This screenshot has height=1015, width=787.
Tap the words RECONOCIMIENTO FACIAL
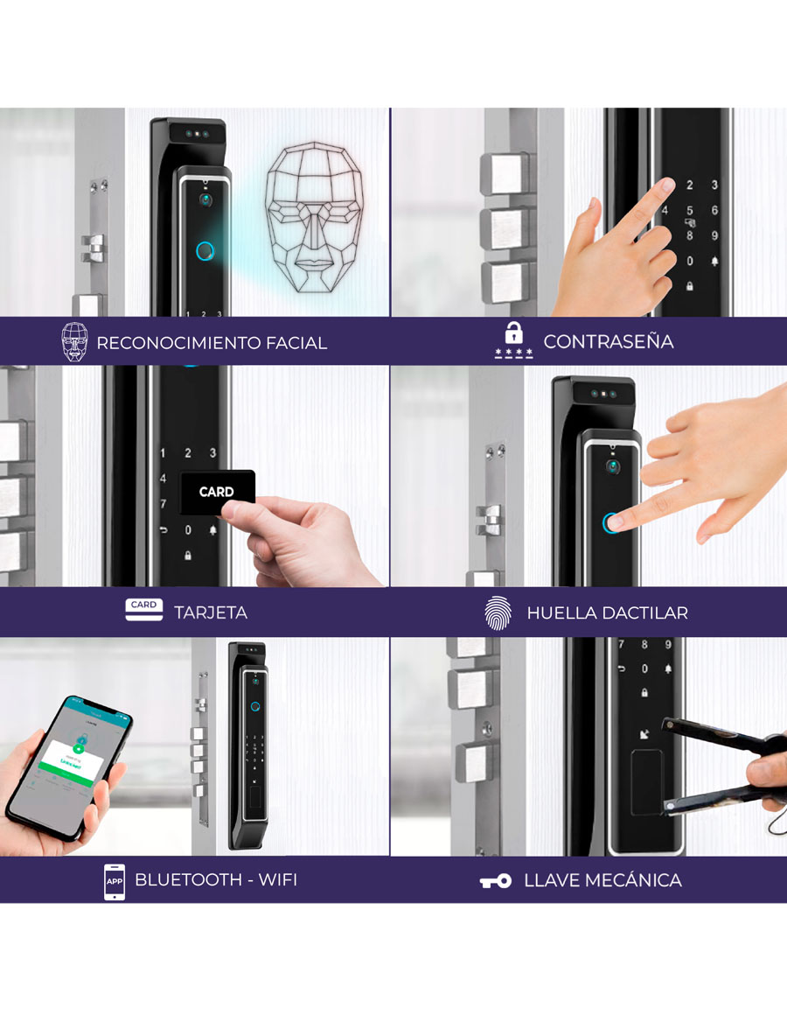[212, 343]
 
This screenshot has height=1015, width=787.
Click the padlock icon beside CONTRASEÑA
[513, 333]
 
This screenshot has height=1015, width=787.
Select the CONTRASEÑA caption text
[609, 341]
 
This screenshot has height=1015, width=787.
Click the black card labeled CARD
[217, 491]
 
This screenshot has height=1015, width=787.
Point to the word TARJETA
[211, 612]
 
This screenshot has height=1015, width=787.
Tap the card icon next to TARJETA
[144, 610]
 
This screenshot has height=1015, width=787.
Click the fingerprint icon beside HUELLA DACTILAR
[497, 612]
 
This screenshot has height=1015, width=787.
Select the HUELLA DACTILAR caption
[607, 612]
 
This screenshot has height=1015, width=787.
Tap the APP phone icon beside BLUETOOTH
[115, 880]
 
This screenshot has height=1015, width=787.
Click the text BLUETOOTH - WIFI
[216, 879]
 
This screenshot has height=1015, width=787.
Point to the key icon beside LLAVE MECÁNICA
[496, 881]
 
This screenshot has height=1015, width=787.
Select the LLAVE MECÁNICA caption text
[602, 880]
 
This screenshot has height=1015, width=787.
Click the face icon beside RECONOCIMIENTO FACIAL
[74, 342]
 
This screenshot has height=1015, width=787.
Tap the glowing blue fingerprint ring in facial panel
[205, 251]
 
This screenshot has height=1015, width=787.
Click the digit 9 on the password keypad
[714, 234]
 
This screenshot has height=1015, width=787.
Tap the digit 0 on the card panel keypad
[188, 529]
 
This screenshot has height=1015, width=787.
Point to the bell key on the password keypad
[714, 261]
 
